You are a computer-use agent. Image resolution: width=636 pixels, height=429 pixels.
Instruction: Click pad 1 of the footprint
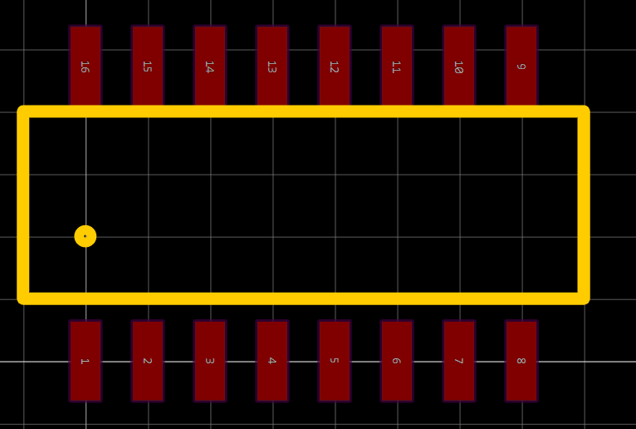[x=85, y=361]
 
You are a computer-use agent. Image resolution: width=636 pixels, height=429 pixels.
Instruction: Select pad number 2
[x=147, y=361]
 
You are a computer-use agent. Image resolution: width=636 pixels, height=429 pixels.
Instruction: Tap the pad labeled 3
[x=209, y=361]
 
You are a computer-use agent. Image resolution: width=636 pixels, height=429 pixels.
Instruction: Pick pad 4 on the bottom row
[x=272, y=361]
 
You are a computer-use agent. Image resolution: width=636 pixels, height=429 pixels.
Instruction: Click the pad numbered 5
[x=334, y=361]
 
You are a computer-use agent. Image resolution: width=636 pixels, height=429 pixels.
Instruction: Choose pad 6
[x=396, y=361]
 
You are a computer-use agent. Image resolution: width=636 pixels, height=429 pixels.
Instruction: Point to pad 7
[x=458, y=361]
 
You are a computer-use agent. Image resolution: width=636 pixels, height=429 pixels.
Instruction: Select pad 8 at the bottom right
[x=521, y=361]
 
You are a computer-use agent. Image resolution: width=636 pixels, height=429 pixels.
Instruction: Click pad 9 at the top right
[x=521, y=66]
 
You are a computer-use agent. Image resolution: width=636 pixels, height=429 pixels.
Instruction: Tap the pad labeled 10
[x=458, y=66]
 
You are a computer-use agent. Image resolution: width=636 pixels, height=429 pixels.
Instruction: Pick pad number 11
[x=396, y=66]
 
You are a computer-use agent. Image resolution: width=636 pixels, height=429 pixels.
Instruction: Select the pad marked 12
[x=334, y=66]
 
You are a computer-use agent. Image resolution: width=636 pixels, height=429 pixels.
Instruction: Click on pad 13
[x=272, y=66]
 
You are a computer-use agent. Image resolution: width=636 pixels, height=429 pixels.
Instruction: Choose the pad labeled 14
[x=209, y=66]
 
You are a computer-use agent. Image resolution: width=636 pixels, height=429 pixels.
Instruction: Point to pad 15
[x=147, y=66]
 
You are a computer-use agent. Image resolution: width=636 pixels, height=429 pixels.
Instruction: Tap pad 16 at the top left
[x=85, y=66]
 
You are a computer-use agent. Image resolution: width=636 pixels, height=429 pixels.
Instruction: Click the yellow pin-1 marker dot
[x=85, y=236]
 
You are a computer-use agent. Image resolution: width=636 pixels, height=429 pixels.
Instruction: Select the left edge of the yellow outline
[x=23, y=205]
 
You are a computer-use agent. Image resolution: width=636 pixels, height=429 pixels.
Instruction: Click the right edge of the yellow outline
[x=584, y=205]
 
